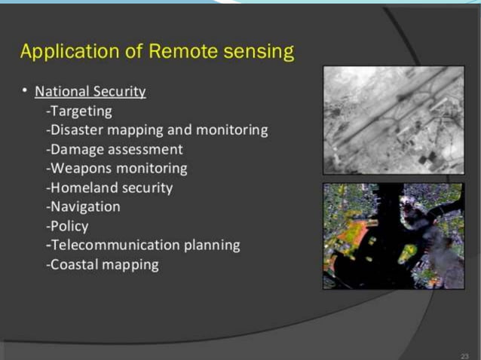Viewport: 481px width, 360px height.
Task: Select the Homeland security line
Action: coord(109,188)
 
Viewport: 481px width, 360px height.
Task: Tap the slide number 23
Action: coord(464,354)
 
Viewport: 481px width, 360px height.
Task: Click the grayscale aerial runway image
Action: coord(393,120)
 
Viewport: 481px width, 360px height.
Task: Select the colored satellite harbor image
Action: coord(393,236)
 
